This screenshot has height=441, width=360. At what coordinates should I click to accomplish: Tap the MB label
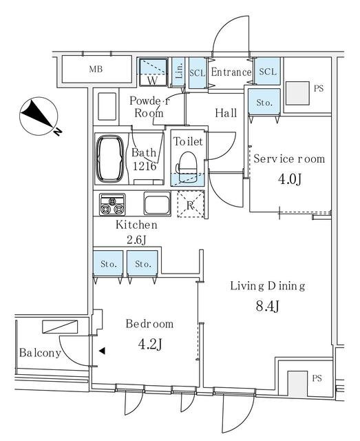(95, 70)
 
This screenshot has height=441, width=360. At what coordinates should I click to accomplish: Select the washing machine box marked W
(153, 72)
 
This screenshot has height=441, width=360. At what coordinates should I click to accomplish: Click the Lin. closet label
(179, 72)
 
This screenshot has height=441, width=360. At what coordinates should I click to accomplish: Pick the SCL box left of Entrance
(197, 72)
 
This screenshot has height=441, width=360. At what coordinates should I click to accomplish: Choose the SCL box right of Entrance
(268, 72)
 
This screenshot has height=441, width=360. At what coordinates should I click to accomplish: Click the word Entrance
(231, 72)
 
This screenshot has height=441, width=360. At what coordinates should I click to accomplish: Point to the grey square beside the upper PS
(297, 92)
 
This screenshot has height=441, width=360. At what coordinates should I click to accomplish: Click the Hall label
(226, 113)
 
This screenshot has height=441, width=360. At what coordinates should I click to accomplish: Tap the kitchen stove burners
(112, 205)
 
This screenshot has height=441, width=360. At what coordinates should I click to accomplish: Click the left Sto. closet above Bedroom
(107, 264)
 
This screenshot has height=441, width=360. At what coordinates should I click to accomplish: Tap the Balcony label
(39, 353)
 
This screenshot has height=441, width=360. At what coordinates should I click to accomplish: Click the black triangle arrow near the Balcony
(102, 351)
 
